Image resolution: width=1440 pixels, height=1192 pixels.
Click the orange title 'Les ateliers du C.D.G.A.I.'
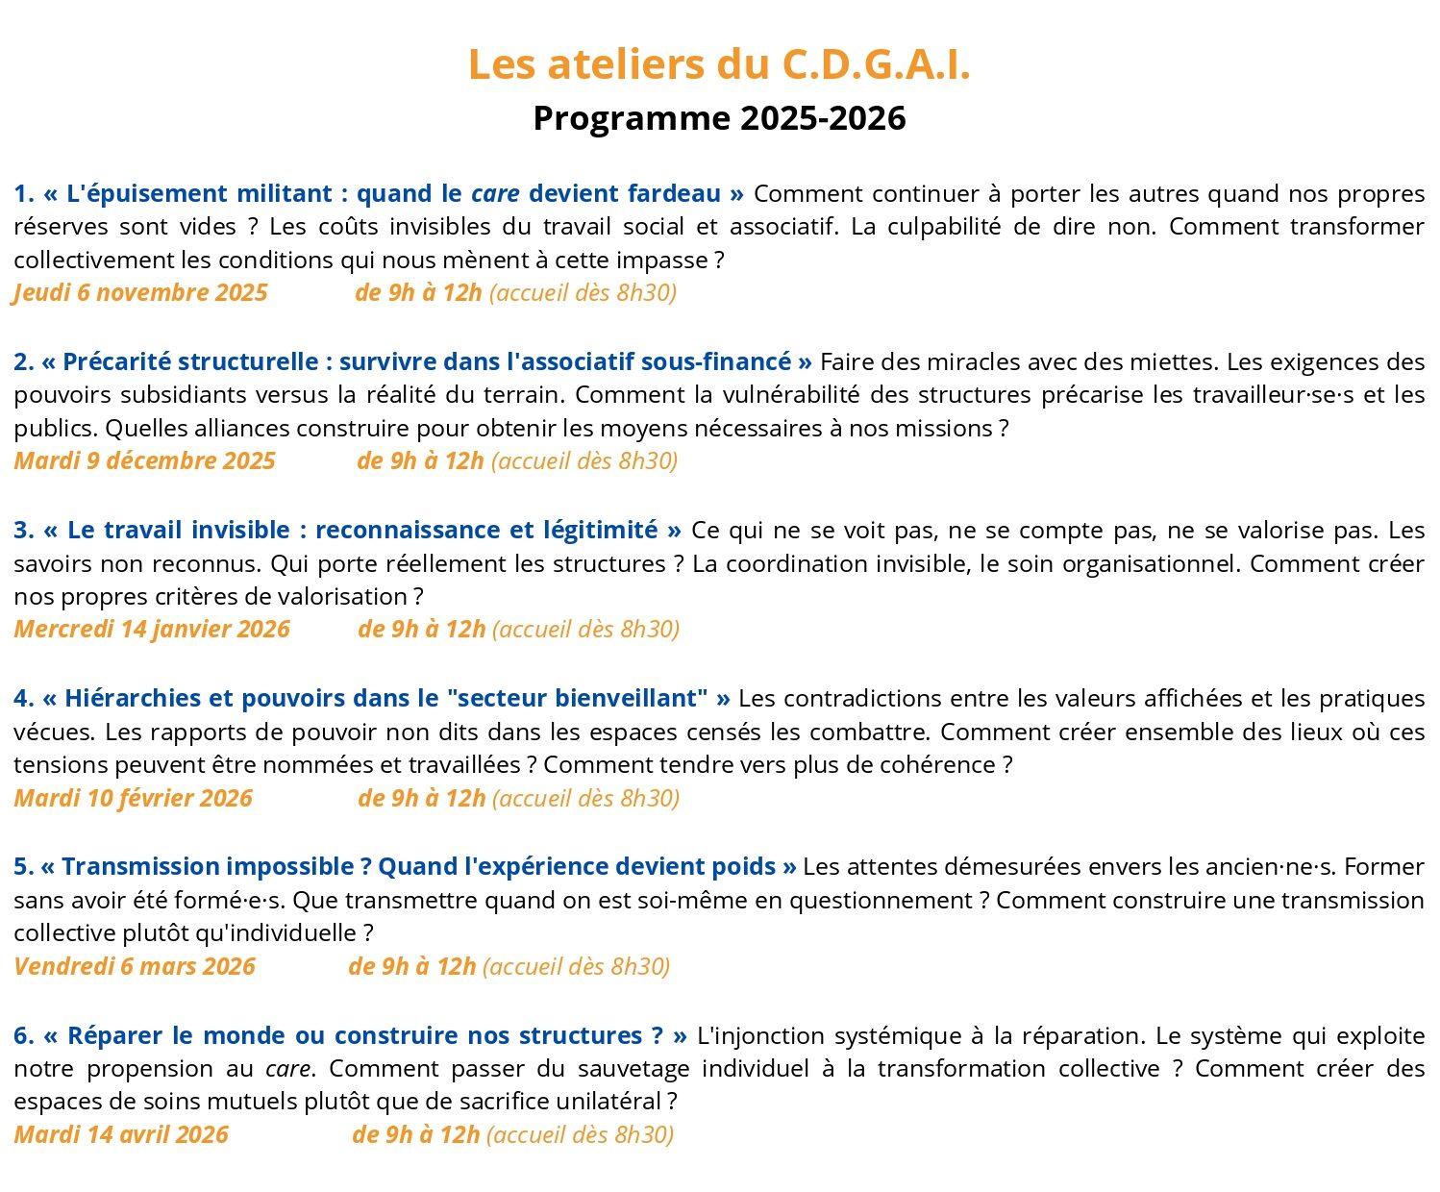(719, 64)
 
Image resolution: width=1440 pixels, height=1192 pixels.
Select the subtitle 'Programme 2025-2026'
(719, 118)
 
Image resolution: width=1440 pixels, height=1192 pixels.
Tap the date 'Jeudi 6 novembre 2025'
(140, 293)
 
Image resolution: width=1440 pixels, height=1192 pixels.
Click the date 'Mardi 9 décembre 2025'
(144, 461)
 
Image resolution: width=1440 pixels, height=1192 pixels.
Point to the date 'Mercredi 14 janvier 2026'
(152, 630)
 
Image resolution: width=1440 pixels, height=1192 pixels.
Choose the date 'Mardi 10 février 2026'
(133, 798)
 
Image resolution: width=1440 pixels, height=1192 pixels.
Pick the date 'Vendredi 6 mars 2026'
(135, 966)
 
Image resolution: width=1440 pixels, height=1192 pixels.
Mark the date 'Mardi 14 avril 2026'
(121, 1134)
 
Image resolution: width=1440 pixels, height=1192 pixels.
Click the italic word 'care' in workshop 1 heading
(495, 194)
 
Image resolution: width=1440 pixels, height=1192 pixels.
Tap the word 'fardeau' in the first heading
(674, 194)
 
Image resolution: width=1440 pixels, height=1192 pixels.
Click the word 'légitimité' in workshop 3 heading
(600, 531)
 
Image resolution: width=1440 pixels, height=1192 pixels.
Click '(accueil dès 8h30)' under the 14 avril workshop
(580, 1134)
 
